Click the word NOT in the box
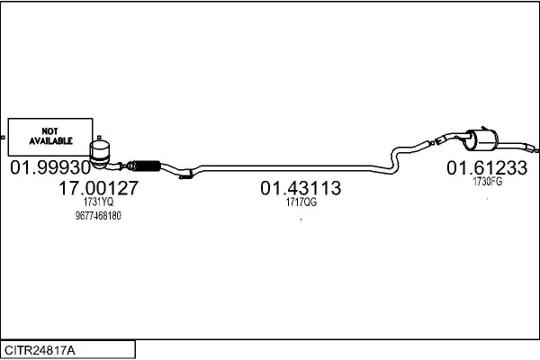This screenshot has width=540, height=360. click(x=49, y=131)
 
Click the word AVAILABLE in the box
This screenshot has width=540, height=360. click(x=50, y=141)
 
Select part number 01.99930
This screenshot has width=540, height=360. click(x=50, y=167)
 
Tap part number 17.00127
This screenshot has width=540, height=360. click(x=98, y=188)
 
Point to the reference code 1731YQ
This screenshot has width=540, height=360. click(x=98, y=202)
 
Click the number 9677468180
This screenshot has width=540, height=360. click(x=98, y=216)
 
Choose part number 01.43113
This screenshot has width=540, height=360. click(x=301, y=188)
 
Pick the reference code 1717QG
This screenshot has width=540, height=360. click(x=301, y=202)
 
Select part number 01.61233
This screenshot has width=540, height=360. click(x=487, y=167)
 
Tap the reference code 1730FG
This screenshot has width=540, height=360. click(x=487, y=181)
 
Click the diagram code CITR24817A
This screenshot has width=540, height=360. click(x=40, y=350)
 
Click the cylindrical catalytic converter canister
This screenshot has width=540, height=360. click(x=100, y=154)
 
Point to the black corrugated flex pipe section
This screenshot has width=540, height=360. click(x=147, y=166)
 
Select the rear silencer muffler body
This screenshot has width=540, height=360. click(x=482, y=140)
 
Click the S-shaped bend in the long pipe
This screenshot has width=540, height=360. click(x=395, y=159)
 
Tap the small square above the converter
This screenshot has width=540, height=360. click(x=99, y=138)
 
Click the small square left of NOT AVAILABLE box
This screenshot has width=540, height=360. click(x=3, y=138)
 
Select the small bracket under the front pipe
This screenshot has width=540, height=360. click(x=186, y=175)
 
